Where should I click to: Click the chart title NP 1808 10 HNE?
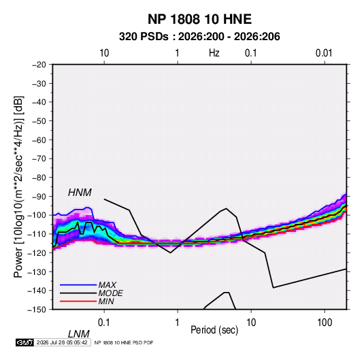click(x=199, y=19)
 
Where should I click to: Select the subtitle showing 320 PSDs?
click(x=199, y=37)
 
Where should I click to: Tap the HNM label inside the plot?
click(x=80, y=193)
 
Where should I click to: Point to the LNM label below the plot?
click(x=79, y=334)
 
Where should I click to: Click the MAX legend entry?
click(x=107, y=284)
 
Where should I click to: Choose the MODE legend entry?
click(x=110, y=293)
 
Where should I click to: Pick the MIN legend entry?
click(x=106, y=301)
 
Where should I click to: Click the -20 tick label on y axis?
click(x=39, y=65)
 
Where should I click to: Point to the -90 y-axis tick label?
click(x=39, y=197)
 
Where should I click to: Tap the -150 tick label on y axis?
click(x=37, y=310)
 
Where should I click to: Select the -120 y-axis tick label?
click(x=37, y=253)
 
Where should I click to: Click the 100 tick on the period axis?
click(x=325, y=323)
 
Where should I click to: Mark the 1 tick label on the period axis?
click(x=178, y=323)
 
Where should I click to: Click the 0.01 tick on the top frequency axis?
click(x=324, y=53)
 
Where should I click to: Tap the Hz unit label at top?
click(x=214, y=53)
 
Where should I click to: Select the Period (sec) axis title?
click(x=214, y=330)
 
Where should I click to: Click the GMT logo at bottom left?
click(x=25, y=342)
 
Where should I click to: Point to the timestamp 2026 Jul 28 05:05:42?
click(x=62, y=342)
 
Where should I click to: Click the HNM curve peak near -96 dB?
click(x=226, y=208)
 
